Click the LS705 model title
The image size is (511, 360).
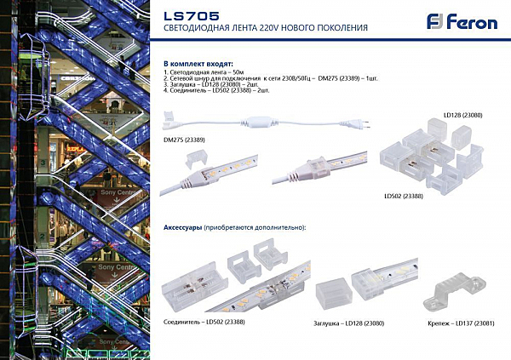click(x=191, y=15)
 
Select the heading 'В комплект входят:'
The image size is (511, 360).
click(x=195, y=65)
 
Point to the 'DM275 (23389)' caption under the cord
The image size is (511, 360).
click(x=184, y=139)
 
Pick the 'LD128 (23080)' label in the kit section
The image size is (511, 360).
click(x=462, y=114)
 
